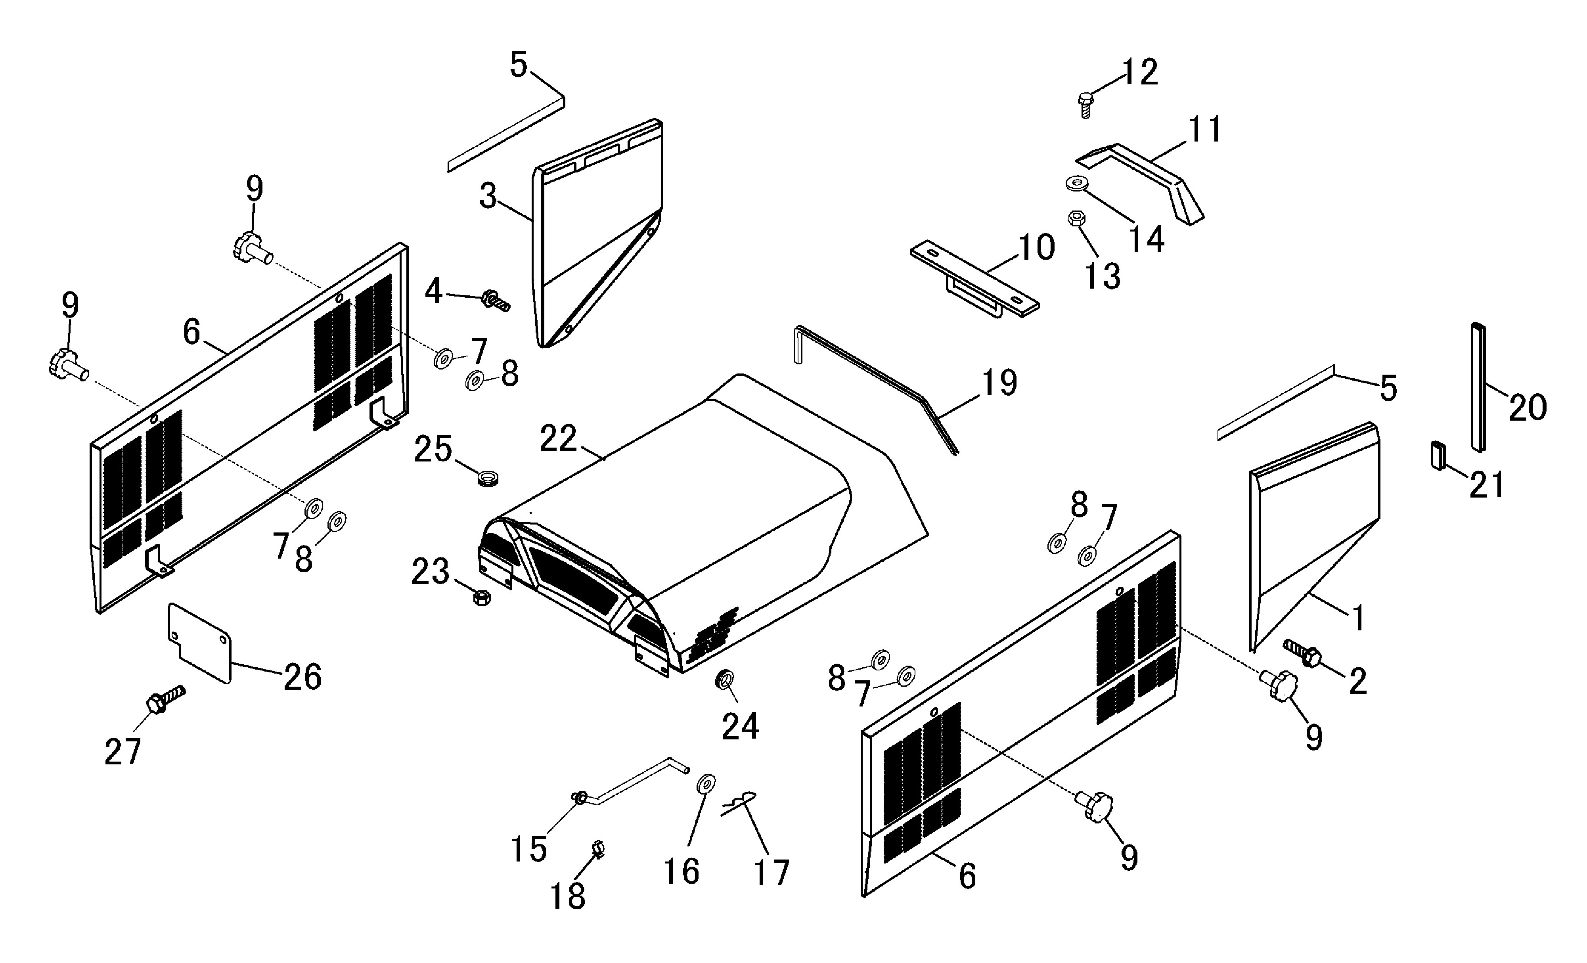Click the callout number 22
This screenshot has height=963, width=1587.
(x=558, y=439)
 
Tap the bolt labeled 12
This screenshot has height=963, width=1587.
(x=1085, y=104)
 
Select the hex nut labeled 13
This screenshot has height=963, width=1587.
(x=1074, y=218)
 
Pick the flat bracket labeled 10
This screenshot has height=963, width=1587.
(x=974, y=280)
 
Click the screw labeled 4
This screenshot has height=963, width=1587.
(x=495, y=300)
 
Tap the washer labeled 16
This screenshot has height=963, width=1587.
(x=706, y=785)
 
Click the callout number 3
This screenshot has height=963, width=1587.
(x=488, y=197)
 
